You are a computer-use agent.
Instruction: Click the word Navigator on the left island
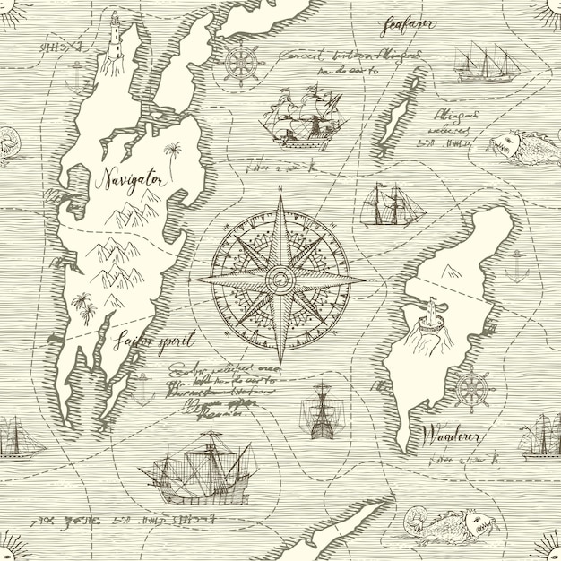(x=131, y=179)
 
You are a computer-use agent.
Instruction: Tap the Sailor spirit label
(x=154, y=341)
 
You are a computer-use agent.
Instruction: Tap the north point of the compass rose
(x=280, y=199)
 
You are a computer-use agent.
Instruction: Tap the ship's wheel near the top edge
(x=240, y=65)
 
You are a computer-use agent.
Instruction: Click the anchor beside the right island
(x=516, y=266)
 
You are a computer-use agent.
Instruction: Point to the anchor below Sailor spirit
(x=142, y=388)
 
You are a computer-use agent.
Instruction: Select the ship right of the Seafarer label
(x=488, y=64)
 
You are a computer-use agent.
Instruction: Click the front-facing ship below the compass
(x=320, y=411)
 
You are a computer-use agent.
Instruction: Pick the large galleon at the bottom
(x=199, y=469)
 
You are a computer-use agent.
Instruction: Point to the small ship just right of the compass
(x=392, y=205)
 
